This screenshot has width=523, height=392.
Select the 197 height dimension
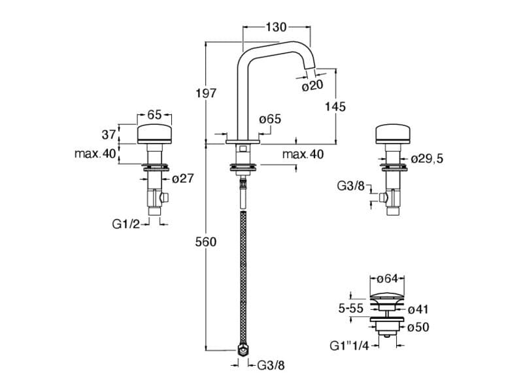[207, 93]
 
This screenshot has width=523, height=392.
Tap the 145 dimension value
[335, 106]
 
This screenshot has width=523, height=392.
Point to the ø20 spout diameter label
[312, 86]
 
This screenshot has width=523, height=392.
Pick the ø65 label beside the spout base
[270, 119]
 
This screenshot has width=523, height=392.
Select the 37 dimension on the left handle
[109, 135]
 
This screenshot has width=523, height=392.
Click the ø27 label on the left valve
[182, 178]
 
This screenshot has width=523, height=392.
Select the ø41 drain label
[418, 308]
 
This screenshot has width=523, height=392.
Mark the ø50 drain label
[418, 327]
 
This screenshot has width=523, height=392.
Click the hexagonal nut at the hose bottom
[243, 352]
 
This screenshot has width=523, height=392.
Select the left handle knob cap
[155, 135]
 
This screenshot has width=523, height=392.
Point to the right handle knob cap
[394, 135]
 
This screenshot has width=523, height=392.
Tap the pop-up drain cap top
[388, 295]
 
